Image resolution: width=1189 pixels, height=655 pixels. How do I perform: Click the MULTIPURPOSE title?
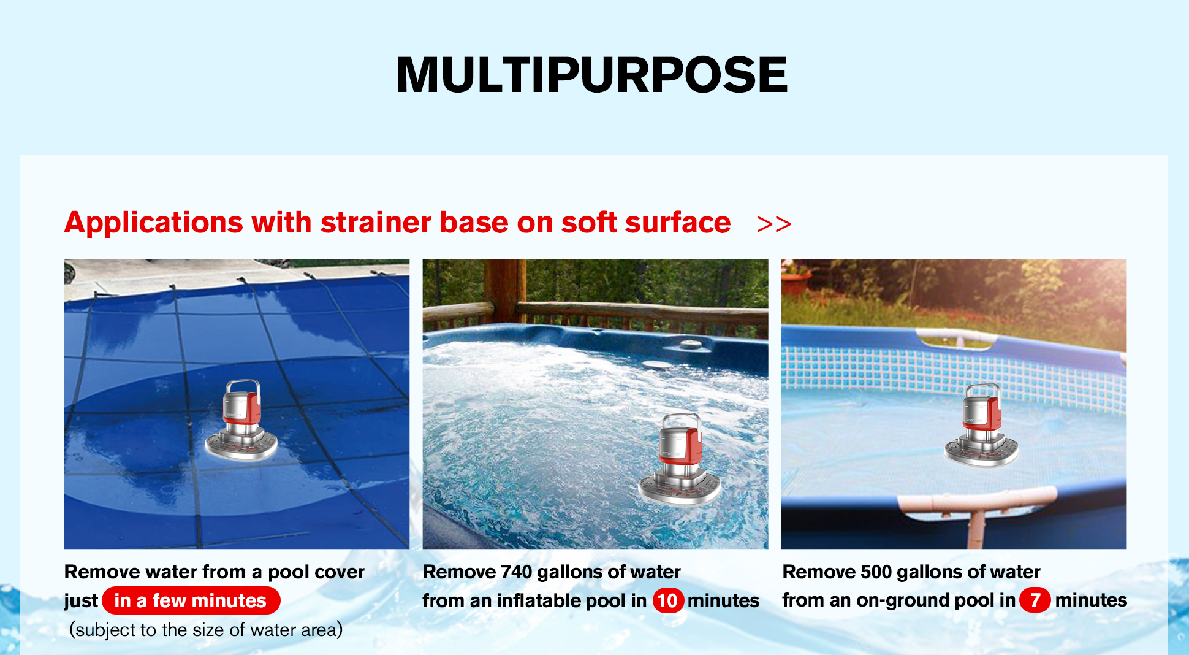tap(591, 75)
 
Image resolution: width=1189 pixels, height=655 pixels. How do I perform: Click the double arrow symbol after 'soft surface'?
tap(774, 224)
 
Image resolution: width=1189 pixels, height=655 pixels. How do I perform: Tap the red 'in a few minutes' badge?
tap(191, 600)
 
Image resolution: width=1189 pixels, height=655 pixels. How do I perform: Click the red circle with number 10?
tap(667, 600)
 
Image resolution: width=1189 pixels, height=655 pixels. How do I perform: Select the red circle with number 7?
tap(1035, 600)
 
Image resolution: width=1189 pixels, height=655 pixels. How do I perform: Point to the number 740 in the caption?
tap(516, 572)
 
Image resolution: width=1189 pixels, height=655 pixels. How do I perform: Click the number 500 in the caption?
tap(876, 572)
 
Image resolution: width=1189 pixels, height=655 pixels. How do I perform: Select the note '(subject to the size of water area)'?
tap(206, 630)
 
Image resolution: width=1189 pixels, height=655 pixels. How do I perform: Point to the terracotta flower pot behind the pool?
tap(796, 282)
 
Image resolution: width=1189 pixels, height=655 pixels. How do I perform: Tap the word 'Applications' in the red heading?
tap(154, 223)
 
